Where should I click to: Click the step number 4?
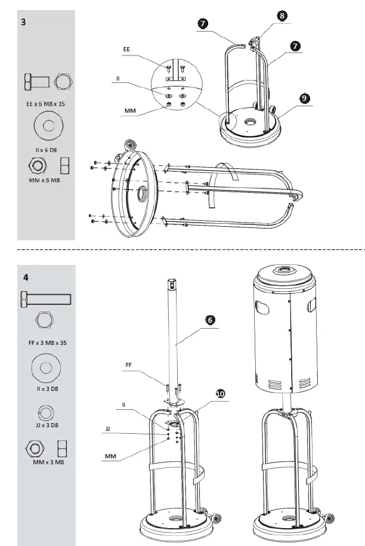(x=26, y=277)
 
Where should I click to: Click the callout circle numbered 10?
(x=221, y=394)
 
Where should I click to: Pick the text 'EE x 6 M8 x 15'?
(x=45, y=103)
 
